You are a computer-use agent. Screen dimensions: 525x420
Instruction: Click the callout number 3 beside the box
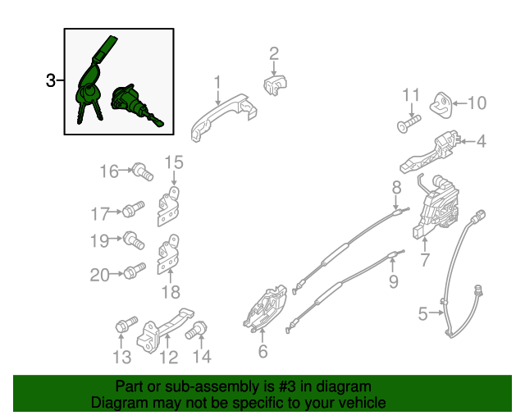[x=51, y=80]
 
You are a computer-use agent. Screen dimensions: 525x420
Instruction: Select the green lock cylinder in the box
[x=136, y=104]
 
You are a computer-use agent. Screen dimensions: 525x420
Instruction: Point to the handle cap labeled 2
[x=275, y=85]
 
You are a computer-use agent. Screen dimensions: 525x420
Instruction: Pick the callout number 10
[x=477, y=103]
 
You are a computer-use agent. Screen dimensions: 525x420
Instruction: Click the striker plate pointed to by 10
[x=441, y=105]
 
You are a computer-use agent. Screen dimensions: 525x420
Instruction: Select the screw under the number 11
[x=409, y=124]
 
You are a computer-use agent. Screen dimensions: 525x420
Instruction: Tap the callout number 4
[x=481, y=141]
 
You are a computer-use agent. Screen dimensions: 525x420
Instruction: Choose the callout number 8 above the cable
[x=396, y=187]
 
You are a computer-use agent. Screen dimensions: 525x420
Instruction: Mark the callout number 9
[x=394, y=281]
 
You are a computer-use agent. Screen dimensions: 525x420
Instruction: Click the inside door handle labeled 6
[x=265, y=308]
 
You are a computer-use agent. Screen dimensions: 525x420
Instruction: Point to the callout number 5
[x=423, y=314]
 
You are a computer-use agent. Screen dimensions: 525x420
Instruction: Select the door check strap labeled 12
[x=165, y=331]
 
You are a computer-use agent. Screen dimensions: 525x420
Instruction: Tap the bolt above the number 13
[x=126, y=324]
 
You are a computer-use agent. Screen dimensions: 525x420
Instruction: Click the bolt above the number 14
[x=196, y=330]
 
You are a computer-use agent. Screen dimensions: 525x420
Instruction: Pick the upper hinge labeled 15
[x=168, y=206]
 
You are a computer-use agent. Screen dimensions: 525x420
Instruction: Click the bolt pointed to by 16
[x=143, y=171]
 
